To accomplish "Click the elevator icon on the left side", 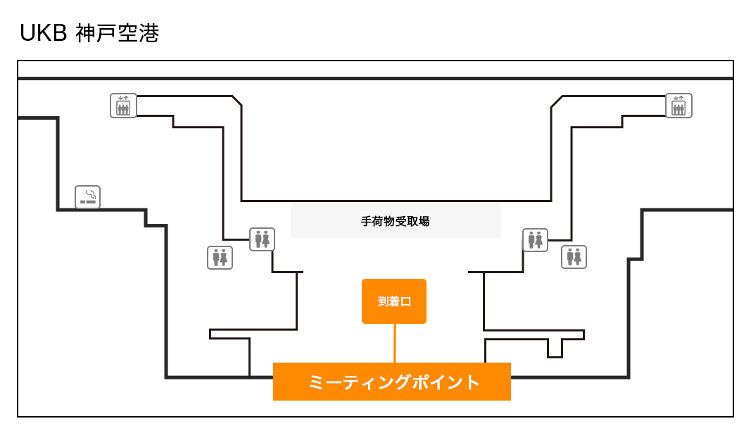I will pyautogui.click(x=123, y=106).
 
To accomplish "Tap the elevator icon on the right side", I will pyautogui.click(x=679, y=106).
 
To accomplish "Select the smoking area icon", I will pyautogui.click(x=88, y=197).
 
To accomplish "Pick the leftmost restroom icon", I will pyautogui.click(x=220, y=258).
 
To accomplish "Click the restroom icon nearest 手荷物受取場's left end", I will pyautogui.click(x=262, y=239).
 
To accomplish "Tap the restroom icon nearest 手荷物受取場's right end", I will pyautogui.click(x=535, y=239).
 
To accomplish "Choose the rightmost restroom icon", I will pyautogui.click(x=574, y=257).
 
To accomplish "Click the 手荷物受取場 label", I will pyautogui.click(x=396, y=221).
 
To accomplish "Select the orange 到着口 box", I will pyautogui.click(x=394, y=301).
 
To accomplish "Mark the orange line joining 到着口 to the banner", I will pyautogui.click(x=394, y=343).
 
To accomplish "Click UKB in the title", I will pyautogui.click(x=44, y=33).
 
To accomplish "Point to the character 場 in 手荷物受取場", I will pyautogui.click(x=424, y=221).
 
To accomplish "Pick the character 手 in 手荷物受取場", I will pyautogui.click(x=367, y=221).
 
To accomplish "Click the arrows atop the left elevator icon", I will pyautogui.click(x=123, y=99).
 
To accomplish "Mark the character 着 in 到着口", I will pyautogui.click(x=394, y=301).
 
